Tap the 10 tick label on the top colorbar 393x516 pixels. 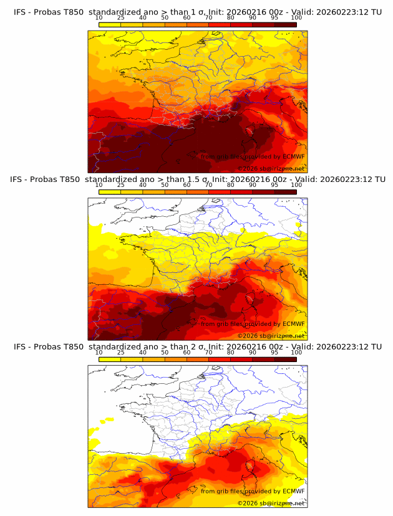point(99,17)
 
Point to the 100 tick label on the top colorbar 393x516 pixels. point(296,17)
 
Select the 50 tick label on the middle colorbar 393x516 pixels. point(165,185)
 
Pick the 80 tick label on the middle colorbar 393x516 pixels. point(231,185)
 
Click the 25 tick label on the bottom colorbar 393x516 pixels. point(121,353)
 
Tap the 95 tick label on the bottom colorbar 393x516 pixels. point(274,353)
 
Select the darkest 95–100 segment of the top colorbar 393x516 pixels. point(285,24)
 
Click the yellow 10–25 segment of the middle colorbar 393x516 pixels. point(110,192)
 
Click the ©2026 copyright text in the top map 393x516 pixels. point(248,168)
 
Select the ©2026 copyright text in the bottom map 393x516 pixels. point(248,503)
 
